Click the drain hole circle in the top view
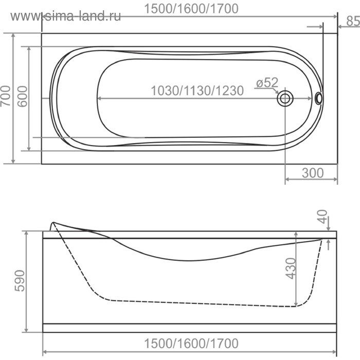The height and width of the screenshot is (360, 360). pos(285,98)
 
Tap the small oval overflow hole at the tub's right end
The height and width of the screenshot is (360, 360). pos(319,98)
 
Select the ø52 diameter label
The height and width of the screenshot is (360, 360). pos(267,82)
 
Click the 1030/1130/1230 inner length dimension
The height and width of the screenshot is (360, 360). pos(197,91)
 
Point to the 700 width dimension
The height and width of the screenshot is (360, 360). pos(7,95)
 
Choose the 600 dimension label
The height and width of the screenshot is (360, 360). pos(22,96)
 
